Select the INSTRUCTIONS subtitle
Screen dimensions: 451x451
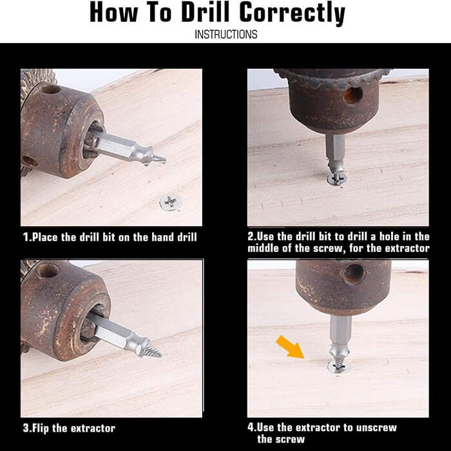click(225, 34)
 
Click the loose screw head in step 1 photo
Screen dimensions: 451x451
click(170, 202)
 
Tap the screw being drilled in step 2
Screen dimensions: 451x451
click(336, 178)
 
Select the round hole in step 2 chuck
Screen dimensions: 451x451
click(352, 95)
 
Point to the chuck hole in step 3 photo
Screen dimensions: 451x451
click(48, 271)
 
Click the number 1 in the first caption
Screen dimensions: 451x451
click(26, 237)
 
